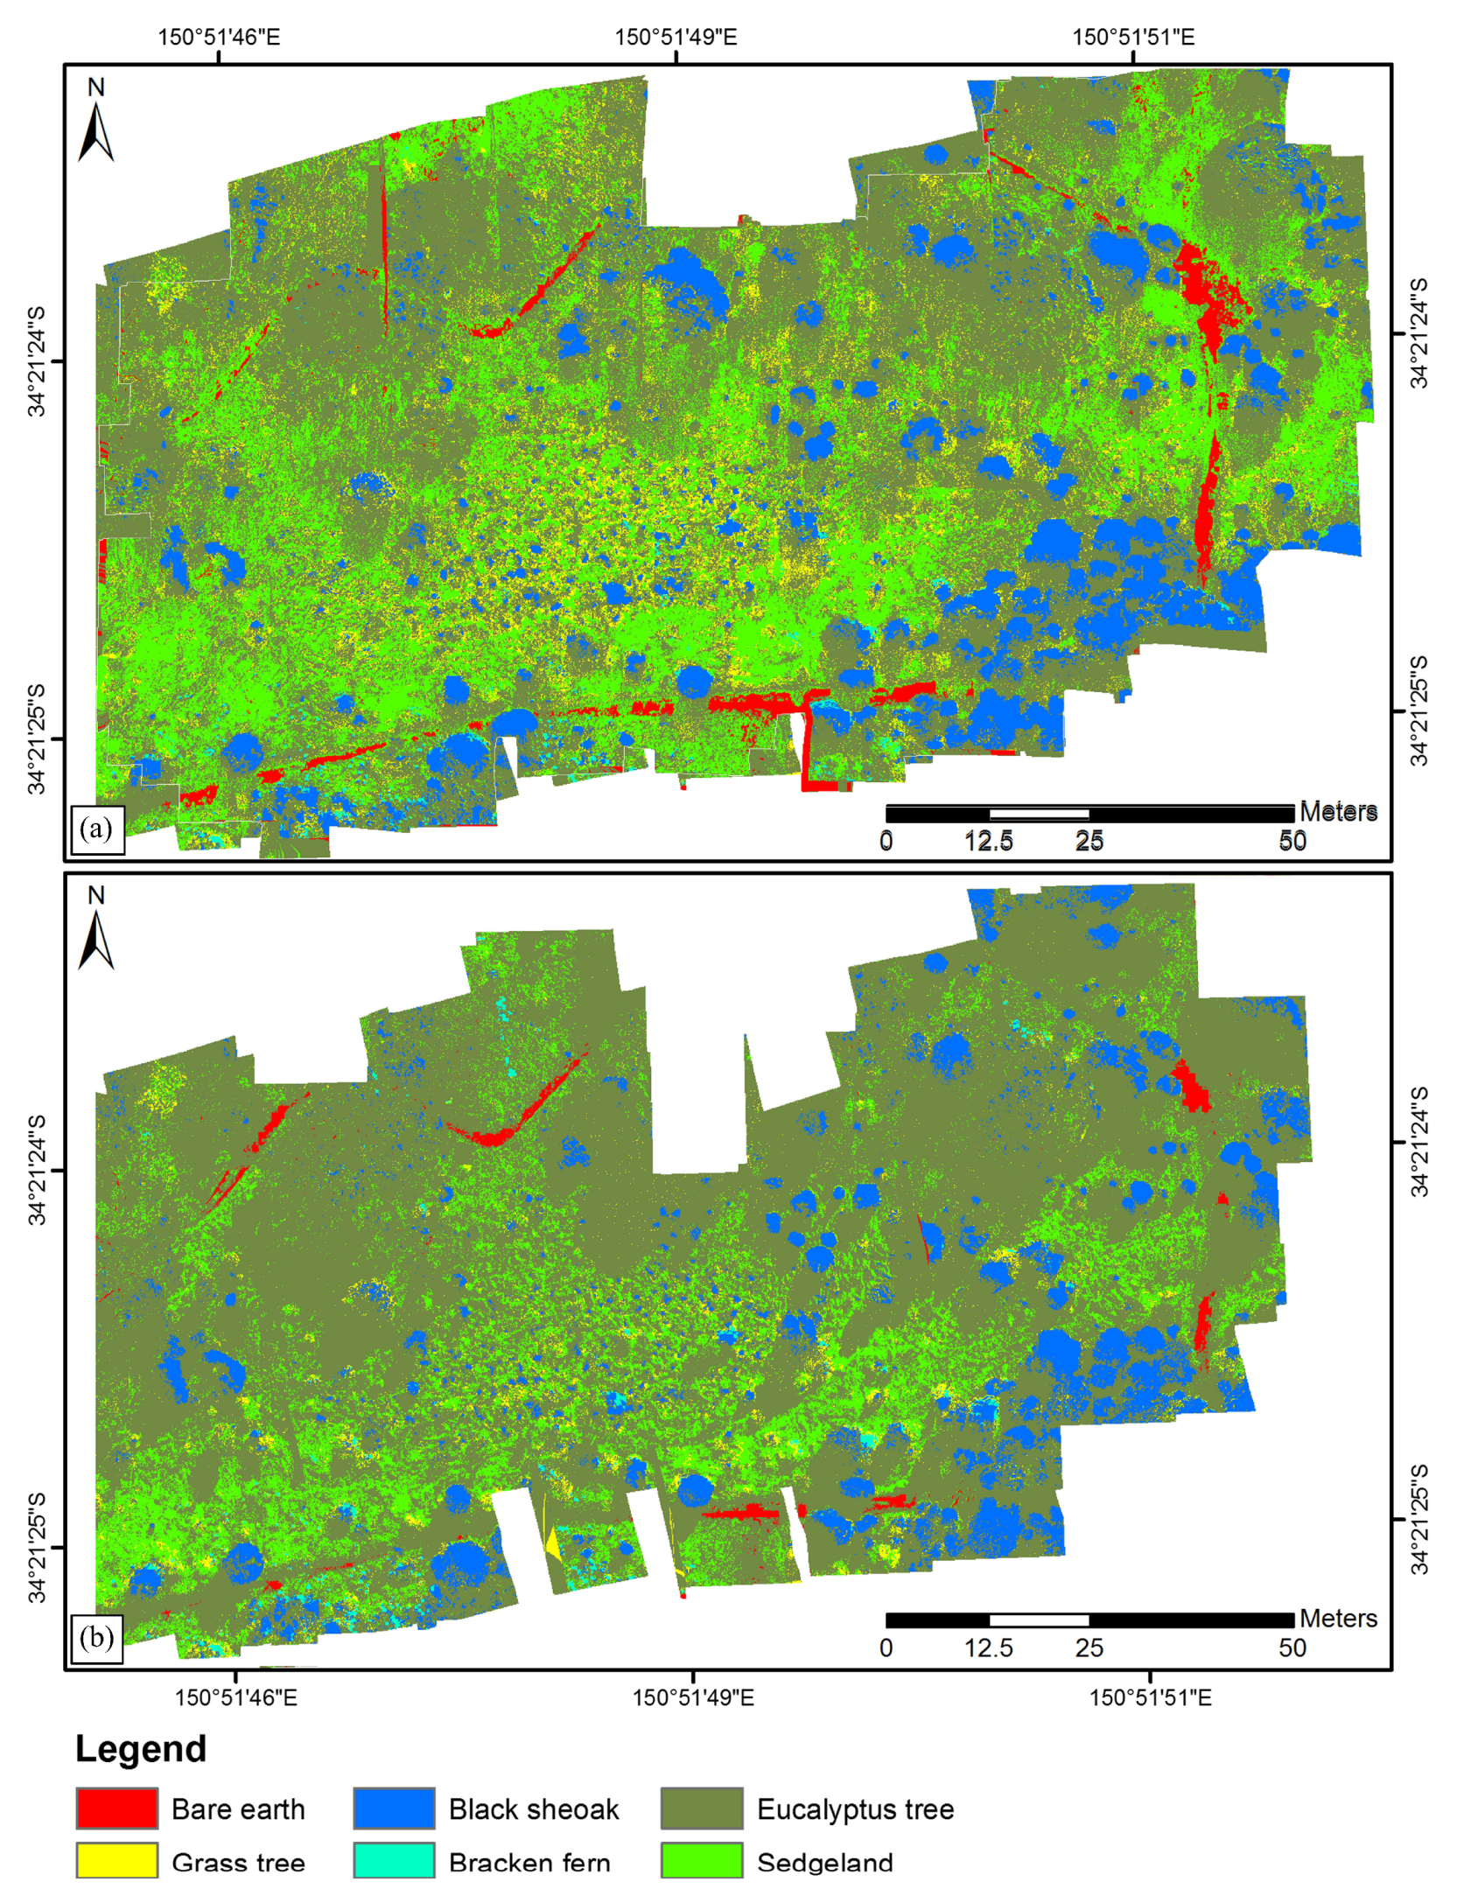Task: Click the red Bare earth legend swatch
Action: pyautogui.click(x=116, y=1808)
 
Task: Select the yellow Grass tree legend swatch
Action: pyautogui.click(x=116, y=1860)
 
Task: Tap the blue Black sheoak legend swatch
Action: pyautogui.click(x=394, y=1808)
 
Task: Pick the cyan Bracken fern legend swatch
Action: pyautogui.click(x=394, y=1860)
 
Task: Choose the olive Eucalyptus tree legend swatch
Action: pyautogui.click(x=702, y=1808)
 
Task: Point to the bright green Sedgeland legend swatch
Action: pyautogui.click(x=702, y=1860)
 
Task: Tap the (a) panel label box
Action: pyautogui.click(x=96, y=829)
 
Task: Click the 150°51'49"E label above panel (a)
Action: pyautogui.click(x=676, y=37)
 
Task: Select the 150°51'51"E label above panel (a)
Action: pyautogui.click(x=1133, y=37)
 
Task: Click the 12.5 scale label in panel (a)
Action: pyautogui.click(x=989, y=842)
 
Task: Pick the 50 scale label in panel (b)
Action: pyautogui.click(x=1292, y=1648)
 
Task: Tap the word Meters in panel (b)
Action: pyautogui.click(x=1338, y=1619)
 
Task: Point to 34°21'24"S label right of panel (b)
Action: pyautogui.click(x=1419, y=1142)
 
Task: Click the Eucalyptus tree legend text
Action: pyautogui.click(x=855, y=1809)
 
